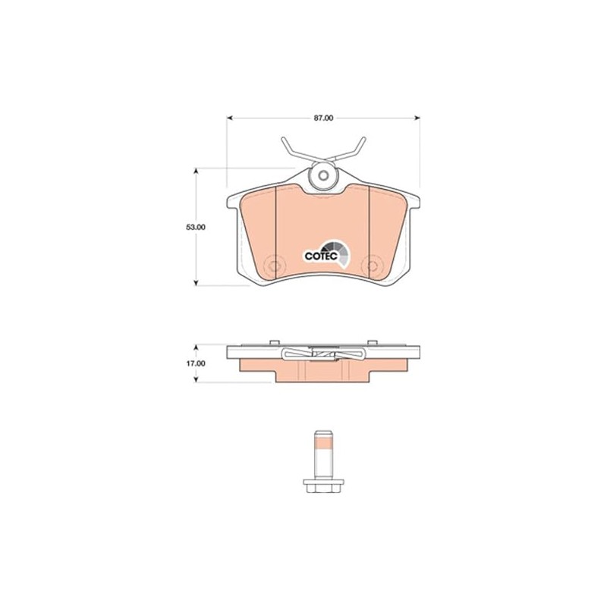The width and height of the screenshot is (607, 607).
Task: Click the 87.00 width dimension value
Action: pos(323,118)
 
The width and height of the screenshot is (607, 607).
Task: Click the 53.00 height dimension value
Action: pos(196,227)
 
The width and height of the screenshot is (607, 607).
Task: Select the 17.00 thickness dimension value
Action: pos(196,363)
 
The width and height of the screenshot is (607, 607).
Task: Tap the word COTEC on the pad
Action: pos(321,256)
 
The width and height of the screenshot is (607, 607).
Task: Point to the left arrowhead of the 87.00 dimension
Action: pos(230,118)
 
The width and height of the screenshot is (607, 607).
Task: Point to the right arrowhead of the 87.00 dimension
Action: pos(417,118)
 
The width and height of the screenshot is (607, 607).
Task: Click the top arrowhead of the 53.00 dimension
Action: pos(196,171)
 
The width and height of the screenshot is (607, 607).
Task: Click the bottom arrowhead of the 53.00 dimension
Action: pos(196,282)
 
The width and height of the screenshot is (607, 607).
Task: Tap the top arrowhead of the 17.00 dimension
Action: pos(196,348)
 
